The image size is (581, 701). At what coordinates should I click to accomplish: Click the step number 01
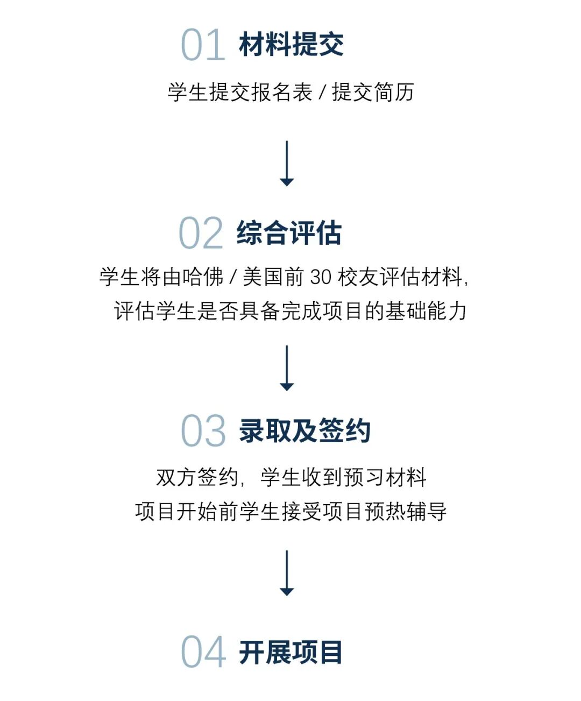point(203,45)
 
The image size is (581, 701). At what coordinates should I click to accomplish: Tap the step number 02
point(201,233)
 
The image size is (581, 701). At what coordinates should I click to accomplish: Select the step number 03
point(203,431)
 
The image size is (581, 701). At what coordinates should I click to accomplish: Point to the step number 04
point(203,652)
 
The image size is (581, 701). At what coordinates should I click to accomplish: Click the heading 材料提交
point(291,44)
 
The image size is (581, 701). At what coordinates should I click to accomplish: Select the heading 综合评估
point(289,233)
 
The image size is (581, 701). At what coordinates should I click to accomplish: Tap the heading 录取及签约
point(304,431)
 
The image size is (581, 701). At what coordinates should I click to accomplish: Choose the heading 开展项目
point(290,652)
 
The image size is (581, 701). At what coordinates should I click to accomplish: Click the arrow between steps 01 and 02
point(287,164)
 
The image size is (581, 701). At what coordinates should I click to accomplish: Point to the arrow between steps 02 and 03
point(287,368)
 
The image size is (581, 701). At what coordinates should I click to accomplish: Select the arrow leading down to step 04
point(287,573)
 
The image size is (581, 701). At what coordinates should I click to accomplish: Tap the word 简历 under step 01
point(394,93)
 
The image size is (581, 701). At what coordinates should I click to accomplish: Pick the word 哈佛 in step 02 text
point(203,277)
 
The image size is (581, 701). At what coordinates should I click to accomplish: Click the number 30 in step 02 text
point(321,277)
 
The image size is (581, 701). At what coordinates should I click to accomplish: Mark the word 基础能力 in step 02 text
point(425,311)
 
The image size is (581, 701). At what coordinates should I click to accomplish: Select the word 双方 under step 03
point(176,477)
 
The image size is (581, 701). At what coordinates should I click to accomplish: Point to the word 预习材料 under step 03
point(385,477)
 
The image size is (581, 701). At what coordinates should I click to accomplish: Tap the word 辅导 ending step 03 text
point(427,511)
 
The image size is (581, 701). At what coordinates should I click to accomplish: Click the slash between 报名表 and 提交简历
point(322,93)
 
